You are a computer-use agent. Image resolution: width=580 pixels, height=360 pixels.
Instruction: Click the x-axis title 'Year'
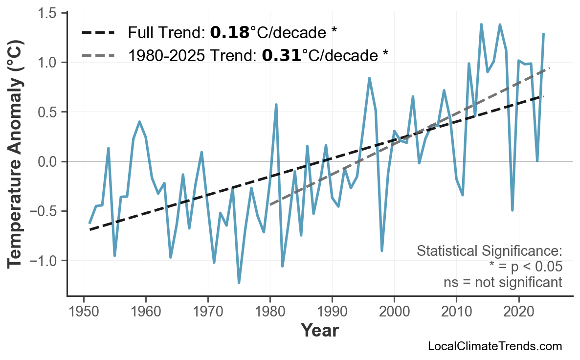[319, 331]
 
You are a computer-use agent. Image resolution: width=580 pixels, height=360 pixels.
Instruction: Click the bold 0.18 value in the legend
[229, 33]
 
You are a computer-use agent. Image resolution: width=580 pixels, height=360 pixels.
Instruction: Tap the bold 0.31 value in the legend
[281, 55]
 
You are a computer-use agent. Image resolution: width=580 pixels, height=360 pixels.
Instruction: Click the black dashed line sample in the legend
[98, 33]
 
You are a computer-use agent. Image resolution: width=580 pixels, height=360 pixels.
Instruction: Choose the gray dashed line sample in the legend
[98, 55]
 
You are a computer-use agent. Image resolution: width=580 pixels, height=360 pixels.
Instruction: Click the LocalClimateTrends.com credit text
[494, 347]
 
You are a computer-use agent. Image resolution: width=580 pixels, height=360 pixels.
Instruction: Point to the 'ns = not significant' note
[503, 282]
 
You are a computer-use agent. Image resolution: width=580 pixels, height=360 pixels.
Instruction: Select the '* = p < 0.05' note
[525, 267]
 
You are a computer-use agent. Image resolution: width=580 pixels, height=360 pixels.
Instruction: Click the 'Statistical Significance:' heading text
[489, 251]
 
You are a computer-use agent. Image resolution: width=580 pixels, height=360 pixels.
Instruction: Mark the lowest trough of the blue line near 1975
[239, 282]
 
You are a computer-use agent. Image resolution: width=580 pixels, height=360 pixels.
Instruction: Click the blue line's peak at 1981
[276, 105]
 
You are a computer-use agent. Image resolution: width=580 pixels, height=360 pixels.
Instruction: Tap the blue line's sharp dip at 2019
[512, 210]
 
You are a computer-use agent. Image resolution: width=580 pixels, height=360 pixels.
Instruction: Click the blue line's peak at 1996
[369, 78]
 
